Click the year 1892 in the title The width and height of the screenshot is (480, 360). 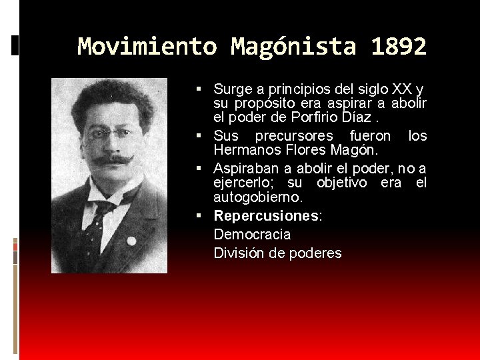tap(399, 47)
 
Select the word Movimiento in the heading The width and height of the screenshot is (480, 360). tap(147, 47)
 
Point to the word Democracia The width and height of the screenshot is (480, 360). tap(252, 235)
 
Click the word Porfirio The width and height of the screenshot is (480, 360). tap(316, 118)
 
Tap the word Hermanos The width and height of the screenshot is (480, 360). tap(244, 150)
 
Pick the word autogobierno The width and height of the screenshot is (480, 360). tap(257, 198)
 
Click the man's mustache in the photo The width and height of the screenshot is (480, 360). tap(111, 159)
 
